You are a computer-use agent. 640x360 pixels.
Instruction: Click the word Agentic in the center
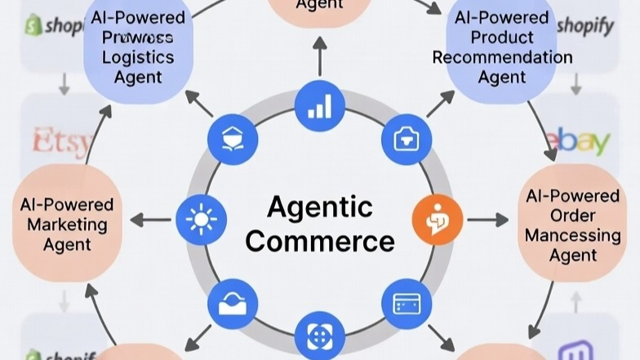pyautogui.click(x=319, y=207)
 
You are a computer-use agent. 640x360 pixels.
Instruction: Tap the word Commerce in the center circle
pyautogui.click(x=319, y=241)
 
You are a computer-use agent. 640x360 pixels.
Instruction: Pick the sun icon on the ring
pyautogui.click(x=198, y=220)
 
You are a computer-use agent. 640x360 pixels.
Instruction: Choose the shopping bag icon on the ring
pyautogui.click(x=406, y=140)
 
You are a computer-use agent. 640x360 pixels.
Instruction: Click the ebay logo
pyautogui.click(x=581, y=142)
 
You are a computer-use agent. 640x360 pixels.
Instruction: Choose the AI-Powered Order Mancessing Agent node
pyautogui.click(x=572, y=225)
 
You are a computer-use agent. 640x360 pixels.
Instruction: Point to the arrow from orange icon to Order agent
pyautogui.click(x=488, y=220)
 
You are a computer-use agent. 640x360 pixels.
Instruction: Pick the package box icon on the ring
pyautogui.click(x=233, y=140)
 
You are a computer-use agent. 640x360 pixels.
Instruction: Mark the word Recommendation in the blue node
pyautogui.click(x=502, y=58)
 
